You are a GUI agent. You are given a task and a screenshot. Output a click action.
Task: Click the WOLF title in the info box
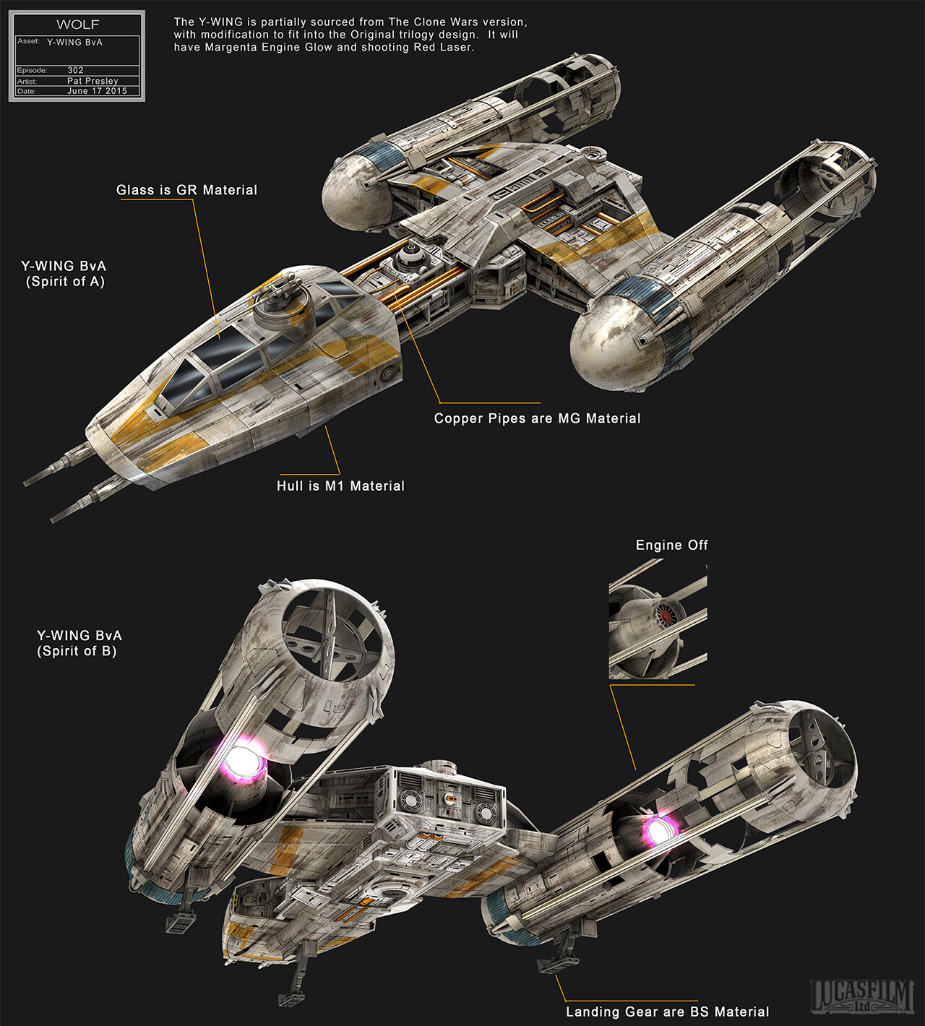click(78, 25)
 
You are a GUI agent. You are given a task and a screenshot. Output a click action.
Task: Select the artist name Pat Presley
click(92, 81)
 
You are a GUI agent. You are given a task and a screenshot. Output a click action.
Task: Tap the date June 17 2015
click(97, 91)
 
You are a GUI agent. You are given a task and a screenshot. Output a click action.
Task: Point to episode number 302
click(75, 70)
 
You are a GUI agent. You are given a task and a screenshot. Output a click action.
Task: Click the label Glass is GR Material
click(186, 190)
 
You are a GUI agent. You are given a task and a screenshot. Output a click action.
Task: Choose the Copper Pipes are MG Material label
click(537, 418)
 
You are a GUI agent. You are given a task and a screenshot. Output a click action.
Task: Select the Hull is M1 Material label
click(340, 486)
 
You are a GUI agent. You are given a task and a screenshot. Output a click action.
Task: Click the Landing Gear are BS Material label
click(667, 1012)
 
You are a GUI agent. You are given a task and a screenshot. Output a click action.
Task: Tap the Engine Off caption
click(671, 546)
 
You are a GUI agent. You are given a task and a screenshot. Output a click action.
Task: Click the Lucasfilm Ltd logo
click(861, 996)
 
